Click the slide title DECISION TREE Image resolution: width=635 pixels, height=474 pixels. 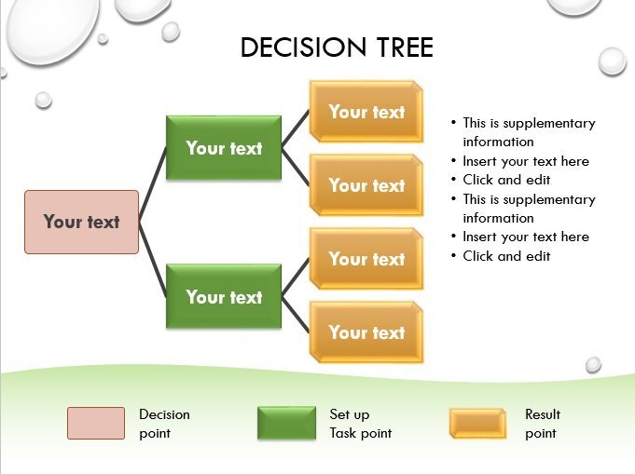(x=337, y=47)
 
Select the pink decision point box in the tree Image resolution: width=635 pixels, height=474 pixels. (x=81, y=222)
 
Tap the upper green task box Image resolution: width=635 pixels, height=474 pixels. (x=224, y=148)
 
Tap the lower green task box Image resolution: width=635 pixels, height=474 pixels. (x=224, y=297)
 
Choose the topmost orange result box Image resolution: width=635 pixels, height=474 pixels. (x=366, y=112)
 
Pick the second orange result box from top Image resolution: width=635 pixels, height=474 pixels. (x=366, y=185)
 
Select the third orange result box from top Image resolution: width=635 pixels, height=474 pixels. (x=366, y=259)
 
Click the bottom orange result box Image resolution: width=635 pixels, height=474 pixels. (x=366, y=332)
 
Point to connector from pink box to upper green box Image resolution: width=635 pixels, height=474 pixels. (x=153, y=176)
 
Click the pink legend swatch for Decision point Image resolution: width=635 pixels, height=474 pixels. (x=95, y=423)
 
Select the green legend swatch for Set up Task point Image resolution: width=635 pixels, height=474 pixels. (x=286, y=423)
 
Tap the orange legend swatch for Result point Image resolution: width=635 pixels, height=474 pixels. (x=477, y=423)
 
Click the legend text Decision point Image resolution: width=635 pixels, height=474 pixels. (x=164, y=424)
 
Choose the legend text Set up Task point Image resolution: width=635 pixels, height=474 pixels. (x=360, y=424)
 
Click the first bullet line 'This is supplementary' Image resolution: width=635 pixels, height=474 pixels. (x=529, y=123)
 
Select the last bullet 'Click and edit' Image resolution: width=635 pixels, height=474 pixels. (x=506, y=256)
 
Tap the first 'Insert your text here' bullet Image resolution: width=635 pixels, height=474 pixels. (x=526, y=161)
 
